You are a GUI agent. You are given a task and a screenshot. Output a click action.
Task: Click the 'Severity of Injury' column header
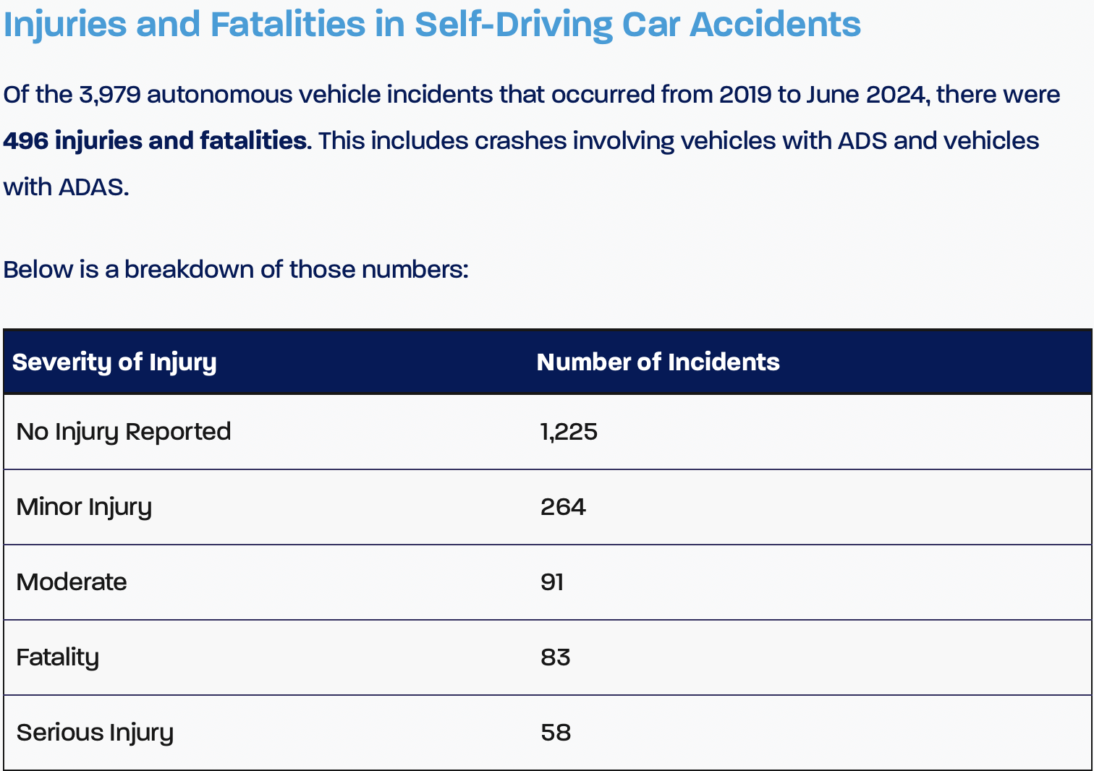click(x=114, y=362)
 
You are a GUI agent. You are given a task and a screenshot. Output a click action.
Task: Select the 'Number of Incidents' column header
click(x=658, y=362)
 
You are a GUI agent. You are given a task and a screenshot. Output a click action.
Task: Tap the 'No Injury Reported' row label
click(x=124, y=432)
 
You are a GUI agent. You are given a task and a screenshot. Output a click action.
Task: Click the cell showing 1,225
click(x=569, y=432)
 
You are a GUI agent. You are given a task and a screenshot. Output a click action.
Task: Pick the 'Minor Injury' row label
click(x=84, y=507)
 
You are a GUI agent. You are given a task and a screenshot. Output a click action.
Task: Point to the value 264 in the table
click(x=563, y=507)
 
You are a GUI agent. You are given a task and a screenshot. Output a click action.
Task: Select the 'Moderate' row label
click(x=72, y=582)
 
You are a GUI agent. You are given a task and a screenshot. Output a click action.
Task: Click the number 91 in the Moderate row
click(x=552, y=582)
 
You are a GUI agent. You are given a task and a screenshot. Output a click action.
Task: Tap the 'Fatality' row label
click(x=58, y=657)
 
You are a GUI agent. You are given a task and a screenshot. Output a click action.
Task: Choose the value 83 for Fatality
click(x=556, y=657)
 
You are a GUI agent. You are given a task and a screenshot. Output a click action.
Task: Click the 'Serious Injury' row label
click(x=95, y=733)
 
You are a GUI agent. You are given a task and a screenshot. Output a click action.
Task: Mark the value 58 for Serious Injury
click(x=556, y=733)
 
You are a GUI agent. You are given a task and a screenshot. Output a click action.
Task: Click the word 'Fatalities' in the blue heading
click(x=288, y=24)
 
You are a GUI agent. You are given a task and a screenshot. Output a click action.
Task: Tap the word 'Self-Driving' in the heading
click(x=514, y=24)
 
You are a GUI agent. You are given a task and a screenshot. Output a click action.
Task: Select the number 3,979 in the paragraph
click(x=110, y=95)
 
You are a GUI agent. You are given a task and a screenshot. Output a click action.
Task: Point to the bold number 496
click(x=26, y=140)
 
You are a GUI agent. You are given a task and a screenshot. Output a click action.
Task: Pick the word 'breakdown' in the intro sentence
click(x=189, y=270)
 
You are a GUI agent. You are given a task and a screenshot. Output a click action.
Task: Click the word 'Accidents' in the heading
click(x=775, y=24)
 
